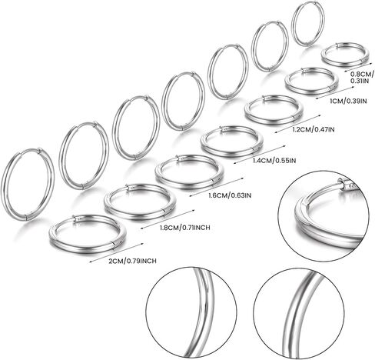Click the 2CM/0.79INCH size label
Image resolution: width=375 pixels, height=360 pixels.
click(x=133, y=261)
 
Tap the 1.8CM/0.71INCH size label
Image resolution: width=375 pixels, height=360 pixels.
click(x=184, y=227)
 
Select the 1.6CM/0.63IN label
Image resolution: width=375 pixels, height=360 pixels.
click(x=230, y=195)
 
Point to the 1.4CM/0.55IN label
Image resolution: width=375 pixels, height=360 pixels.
click(x=274, y=161)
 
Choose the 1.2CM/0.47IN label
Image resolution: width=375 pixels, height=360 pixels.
click(x=314, y=129)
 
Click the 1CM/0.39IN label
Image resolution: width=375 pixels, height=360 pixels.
click(x=348, y=101)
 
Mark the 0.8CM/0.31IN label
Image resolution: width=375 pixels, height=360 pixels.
click(x=361, y=77)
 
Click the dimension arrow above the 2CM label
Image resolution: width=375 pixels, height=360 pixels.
click(x=117, y=252)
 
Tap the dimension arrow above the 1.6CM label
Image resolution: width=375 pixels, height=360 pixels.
click(x=217, y=187)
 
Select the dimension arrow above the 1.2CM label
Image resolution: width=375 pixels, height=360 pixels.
click(x=297, y=124)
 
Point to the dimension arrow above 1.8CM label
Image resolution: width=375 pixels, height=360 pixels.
click(x=168, y=218)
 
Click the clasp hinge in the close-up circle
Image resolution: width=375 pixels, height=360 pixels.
click(x=344, y=184)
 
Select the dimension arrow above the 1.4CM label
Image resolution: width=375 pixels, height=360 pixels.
click(x=260, y=154)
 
